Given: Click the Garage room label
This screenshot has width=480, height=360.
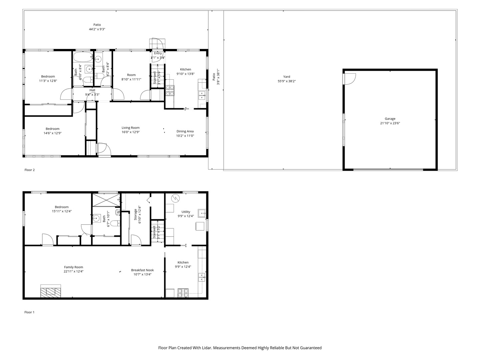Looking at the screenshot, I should pyautogui.click(x=390, y=119).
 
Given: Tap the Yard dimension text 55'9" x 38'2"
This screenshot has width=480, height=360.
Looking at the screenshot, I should pyautogui.click(x=287, y=81).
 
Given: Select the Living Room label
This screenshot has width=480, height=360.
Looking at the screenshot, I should pyautogui.click(x=130, y=128).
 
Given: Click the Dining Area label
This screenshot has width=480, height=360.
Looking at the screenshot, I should pyautogui.click(x=185, y=131).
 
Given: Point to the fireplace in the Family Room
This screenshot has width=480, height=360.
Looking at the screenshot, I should pyautogui.click(x=51, y=291).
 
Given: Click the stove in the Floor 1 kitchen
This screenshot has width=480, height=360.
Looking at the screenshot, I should pyautogui.click(x=183, y=293).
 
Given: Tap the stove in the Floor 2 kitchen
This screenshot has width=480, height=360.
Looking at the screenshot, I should pyautogui.click(x=170, y=91).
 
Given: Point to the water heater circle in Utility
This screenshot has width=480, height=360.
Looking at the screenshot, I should pyautogui.click(x=175, y=199).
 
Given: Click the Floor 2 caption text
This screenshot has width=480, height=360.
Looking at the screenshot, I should pyautogui.click(x=30, y=170).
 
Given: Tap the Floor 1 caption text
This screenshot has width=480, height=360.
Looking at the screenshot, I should pyautogui.click(x=29, y=312).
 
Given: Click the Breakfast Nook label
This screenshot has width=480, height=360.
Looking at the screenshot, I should pyautogui.click(x=142, y=270).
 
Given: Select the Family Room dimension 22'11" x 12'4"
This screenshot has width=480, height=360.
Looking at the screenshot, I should pyautogui.click(x=74, y=271).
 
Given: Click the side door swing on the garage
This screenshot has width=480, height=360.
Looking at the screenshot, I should pyautogui.click(x=349, y=79).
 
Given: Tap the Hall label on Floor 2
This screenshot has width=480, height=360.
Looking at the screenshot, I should pyautogui.click(x=92, y=90).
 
